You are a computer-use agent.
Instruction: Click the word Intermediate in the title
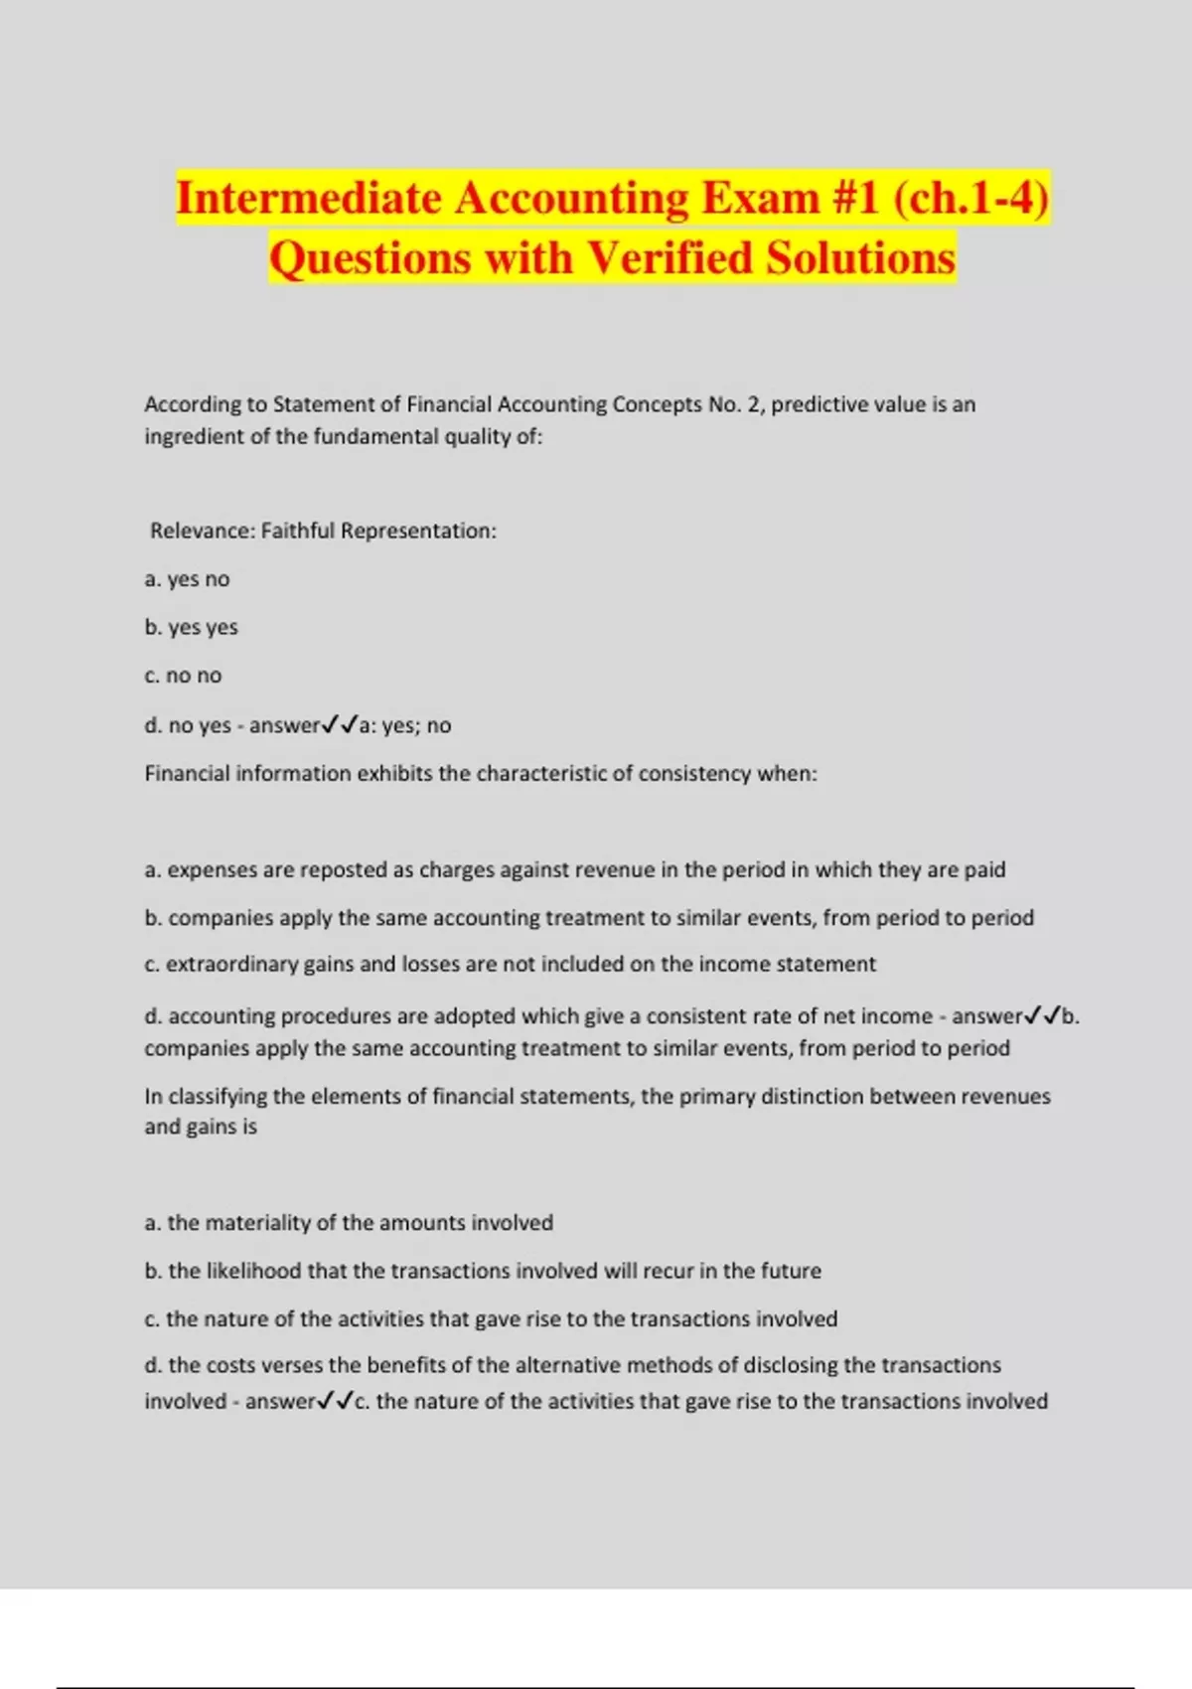309,198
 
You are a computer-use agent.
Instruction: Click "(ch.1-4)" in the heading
970,198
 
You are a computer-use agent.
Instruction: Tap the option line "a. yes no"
187,579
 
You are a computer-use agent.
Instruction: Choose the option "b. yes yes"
191,627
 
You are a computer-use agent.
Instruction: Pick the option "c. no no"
183,676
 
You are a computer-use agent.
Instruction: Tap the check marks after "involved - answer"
335,1401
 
